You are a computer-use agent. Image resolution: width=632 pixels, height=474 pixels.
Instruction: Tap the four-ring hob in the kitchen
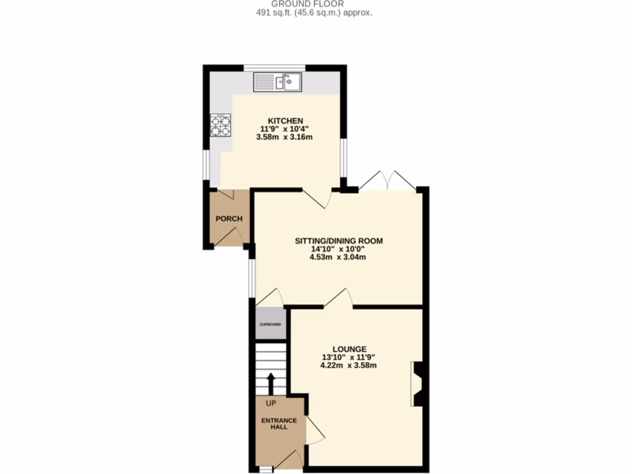(221, 125)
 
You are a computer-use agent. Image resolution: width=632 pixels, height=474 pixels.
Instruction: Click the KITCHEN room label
(285, 120)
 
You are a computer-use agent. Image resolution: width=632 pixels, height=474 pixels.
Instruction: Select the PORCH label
(229, 219)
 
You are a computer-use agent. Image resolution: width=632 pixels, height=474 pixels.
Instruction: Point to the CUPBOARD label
(270, 325)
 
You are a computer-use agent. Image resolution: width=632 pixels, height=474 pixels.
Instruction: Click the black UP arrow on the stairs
(270, 383)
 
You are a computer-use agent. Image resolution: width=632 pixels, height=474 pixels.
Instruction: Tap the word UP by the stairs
(270, 404)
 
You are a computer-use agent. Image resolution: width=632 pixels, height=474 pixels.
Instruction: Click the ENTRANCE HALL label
(279, 424)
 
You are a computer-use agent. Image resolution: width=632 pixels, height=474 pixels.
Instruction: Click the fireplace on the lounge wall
(417, 384)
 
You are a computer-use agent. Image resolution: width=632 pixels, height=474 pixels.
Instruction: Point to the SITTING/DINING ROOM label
(338, 241)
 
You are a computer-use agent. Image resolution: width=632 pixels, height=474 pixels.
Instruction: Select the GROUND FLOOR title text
(316, 4)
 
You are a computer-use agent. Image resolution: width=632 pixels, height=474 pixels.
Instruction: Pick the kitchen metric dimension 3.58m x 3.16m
(284, 137)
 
